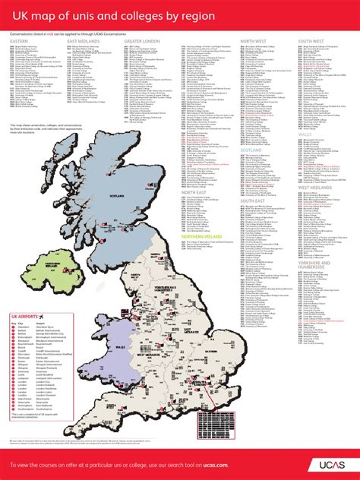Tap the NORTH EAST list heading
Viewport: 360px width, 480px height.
195,193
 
